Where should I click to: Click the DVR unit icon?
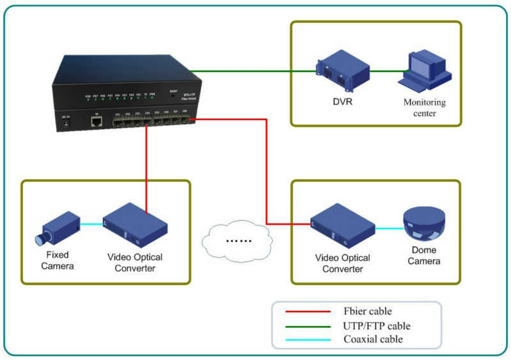coord(335,71)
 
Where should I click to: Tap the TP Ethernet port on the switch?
coord(96,123)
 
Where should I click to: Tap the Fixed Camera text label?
coord(57,260)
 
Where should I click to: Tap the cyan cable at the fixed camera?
coord(92,224)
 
